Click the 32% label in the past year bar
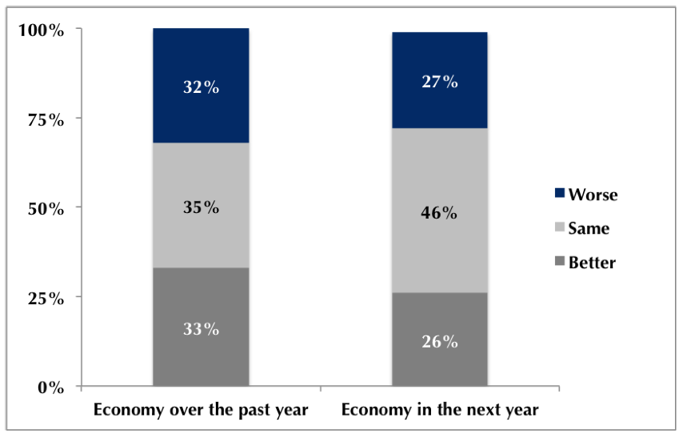tap(201, 87)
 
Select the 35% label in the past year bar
tap(201, 207)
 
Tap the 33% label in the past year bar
tap(201, 328)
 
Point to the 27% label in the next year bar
tap(439, 82)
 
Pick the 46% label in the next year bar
tap(439, 213)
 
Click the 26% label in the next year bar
tap(439, 341)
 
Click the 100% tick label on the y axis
tap(41, 30)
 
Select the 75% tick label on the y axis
tap(45, 120)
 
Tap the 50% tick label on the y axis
tap(45, 209)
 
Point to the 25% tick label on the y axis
tap(45, 299)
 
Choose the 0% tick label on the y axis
tap(50, 388)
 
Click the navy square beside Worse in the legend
tap(559, 194)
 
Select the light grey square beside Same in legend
tap(559, 228)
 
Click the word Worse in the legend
tap(593, 195)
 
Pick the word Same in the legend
tap(589, 229)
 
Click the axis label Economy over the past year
tap(201, 410)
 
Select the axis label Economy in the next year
tap(439, 410)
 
